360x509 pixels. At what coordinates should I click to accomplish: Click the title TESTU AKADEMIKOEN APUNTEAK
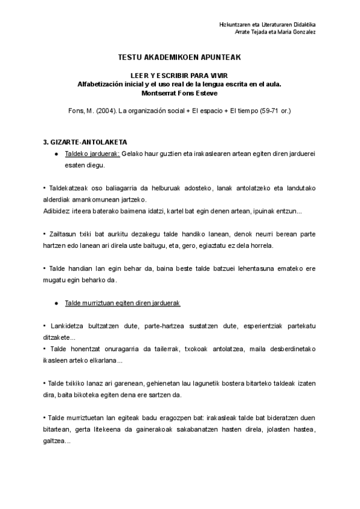(x=180, y=58)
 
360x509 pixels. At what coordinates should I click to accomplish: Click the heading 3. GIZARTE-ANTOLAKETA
(x=85, y=143)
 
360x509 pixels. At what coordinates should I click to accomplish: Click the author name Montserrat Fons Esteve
(x=180, y=92)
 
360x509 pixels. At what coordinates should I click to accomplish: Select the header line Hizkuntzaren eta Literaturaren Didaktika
(x=268, y=23)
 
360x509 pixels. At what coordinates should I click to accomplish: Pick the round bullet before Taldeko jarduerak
(x=56, y=154)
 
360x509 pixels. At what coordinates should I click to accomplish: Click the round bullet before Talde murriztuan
(x=56, y=304)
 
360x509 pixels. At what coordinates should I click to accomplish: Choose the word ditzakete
(x=59, y=337)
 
